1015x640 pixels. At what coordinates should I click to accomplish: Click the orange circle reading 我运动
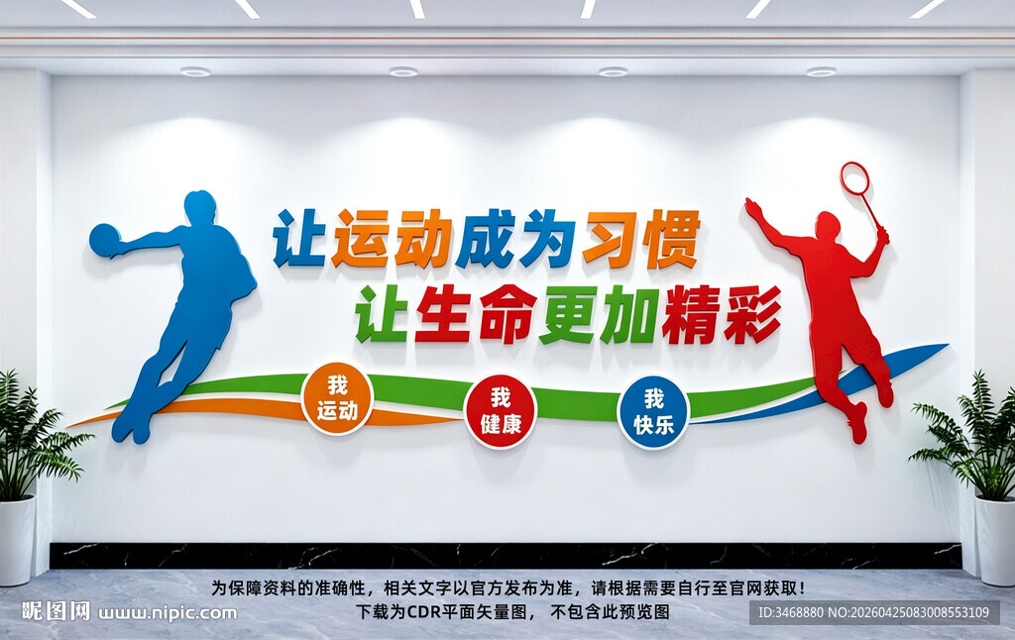point(337,398)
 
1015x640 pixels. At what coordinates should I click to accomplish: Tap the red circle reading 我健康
point(501,410)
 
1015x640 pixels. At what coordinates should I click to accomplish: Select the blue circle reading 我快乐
point(653,411)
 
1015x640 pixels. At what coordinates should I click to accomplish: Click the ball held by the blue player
point(103,240)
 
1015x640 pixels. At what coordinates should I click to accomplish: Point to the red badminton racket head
point(854,178)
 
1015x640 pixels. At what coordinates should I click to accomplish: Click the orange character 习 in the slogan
point(608,239)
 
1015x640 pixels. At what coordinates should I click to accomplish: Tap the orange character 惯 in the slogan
point(671,239)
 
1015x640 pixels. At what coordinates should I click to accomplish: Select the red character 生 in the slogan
point(442,314)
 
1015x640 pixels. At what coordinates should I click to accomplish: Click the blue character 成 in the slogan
point(484,239)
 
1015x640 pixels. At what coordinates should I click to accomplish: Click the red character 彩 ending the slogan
point(751,314)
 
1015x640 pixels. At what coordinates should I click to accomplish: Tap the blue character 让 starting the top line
point(299,239)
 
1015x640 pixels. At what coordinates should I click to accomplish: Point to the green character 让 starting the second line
point(382,314)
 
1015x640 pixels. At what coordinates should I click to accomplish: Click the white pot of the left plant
point(16,540)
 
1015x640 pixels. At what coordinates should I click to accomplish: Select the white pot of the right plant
point(995,540)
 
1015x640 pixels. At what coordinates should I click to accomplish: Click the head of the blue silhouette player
point(199,207)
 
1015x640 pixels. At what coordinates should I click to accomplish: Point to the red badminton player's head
point(827,227)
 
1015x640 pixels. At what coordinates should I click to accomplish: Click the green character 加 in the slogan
point(628,314)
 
